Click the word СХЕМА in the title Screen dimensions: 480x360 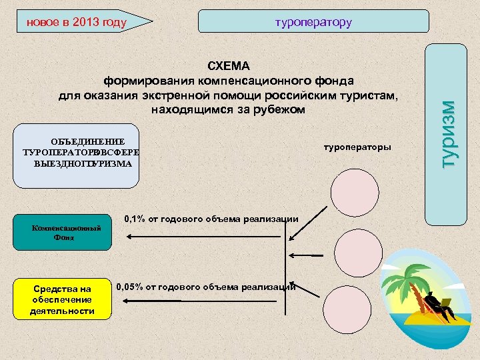pos(229,66)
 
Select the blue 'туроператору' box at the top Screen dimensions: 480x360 pos(313,22)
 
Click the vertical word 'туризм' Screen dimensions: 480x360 pos(451,134)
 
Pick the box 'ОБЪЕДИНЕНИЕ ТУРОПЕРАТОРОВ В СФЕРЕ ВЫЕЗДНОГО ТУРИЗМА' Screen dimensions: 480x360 pos(81,153)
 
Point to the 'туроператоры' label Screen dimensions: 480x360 pos(357,146)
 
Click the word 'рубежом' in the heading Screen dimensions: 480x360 pos(279,109)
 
